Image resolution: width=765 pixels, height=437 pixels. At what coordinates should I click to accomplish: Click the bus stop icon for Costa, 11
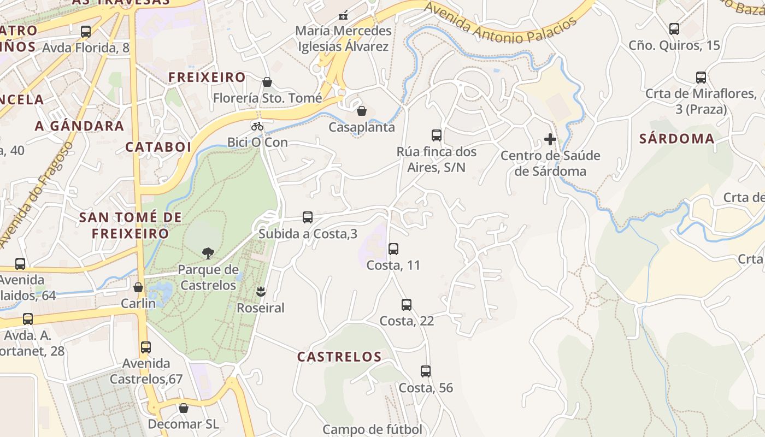393,249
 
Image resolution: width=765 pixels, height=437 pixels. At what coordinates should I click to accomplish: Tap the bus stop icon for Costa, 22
407,305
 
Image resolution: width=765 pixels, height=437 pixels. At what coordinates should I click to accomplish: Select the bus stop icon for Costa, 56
426,371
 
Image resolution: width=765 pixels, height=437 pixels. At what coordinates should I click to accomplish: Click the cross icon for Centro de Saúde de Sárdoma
550,139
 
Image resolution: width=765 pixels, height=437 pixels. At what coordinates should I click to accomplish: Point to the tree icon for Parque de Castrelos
208,253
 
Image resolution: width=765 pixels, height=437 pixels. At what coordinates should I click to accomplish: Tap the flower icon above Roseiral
260,292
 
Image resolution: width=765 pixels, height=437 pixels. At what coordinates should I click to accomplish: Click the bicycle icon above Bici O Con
257,126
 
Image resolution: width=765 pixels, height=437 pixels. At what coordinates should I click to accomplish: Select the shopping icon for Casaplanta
362,111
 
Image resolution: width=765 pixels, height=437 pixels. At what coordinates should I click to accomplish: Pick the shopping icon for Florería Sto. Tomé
267,82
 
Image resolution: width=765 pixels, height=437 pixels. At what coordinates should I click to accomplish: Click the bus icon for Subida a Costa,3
308,217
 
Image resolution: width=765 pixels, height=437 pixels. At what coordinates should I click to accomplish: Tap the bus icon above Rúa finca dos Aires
436,135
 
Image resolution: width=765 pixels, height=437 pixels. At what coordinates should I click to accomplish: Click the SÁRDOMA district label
676,139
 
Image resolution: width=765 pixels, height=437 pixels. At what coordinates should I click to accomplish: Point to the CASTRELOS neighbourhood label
339,357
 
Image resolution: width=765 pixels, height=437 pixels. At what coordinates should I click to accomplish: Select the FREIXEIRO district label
207,78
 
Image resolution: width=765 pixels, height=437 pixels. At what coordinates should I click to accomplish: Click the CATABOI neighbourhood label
158,147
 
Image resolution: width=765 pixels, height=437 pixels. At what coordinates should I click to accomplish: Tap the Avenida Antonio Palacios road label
500,24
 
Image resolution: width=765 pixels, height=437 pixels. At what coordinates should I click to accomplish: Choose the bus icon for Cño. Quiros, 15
674,28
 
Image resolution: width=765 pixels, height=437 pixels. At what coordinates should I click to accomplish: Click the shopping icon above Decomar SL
184,408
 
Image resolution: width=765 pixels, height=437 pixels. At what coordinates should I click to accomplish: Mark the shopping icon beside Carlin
138,287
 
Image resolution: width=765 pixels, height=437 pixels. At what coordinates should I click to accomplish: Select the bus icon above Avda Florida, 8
86,31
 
